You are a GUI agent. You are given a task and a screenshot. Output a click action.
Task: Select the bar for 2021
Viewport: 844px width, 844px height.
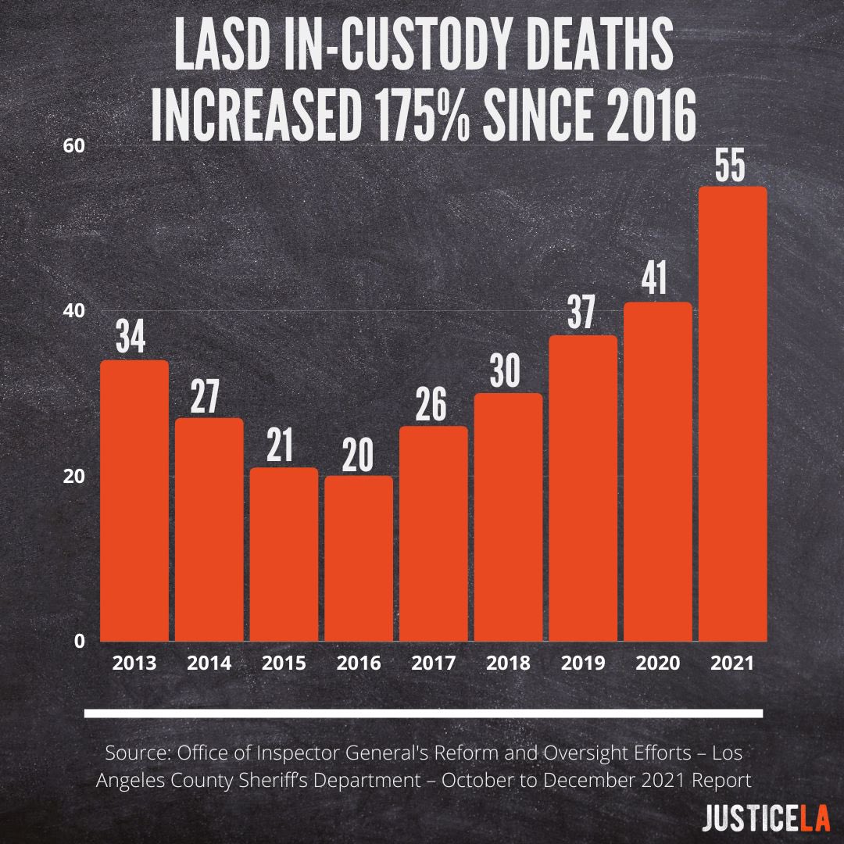pyautogui.click(x=732, y=414)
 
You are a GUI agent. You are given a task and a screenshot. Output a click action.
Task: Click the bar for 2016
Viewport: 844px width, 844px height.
pyautogui.click(x=359, y=559)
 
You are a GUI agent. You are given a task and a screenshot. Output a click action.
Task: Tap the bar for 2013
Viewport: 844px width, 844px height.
pyautogui.click(x=134, y=500)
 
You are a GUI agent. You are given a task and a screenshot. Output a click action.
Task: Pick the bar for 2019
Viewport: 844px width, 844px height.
pyautogui.click(x=583, y=488)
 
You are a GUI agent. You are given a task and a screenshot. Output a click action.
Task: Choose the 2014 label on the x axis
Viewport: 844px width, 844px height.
pyautogui.click(x=209, y=663)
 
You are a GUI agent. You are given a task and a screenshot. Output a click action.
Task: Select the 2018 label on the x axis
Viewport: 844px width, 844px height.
pyautogui.click(x=508, y=663)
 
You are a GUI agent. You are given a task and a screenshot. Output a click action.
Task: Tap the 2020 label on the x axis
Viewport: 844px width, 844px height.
pyautogui.click(x=658, y=663)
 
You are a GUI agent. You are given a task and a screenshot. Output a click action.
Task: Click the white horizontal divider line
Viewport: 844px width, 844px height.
pyautogui.click(x=422, y=713)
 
